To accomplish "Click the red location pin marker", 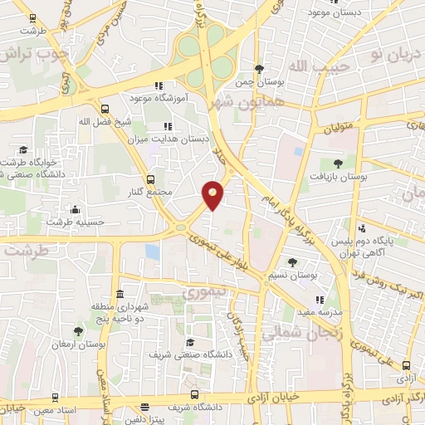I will pyautogui.click(x=213, y=195).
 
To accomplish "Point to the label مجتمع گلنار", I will pyautogui.click(x=150, y=193).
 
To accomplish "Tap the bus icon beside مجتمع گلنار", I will pyautogui.click(x=150, y=179).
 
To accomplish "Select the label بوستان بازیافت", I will pyautogui.click(x=338, y=177).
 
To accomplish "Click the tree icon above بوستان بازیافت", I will pyautogui.click(x=338, y=164).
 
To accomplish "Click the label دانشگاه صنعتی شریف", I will pyautogui.click(x=189, y=354).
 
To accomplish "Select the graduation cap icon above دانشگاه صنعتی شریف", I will pyautogui.click(x=189, y=341).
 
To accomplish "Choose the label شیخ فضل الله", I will pyautogui.click(x=105, y=122).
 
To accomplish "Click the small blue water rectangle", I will pyautogui.click(x=152, y=251).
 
